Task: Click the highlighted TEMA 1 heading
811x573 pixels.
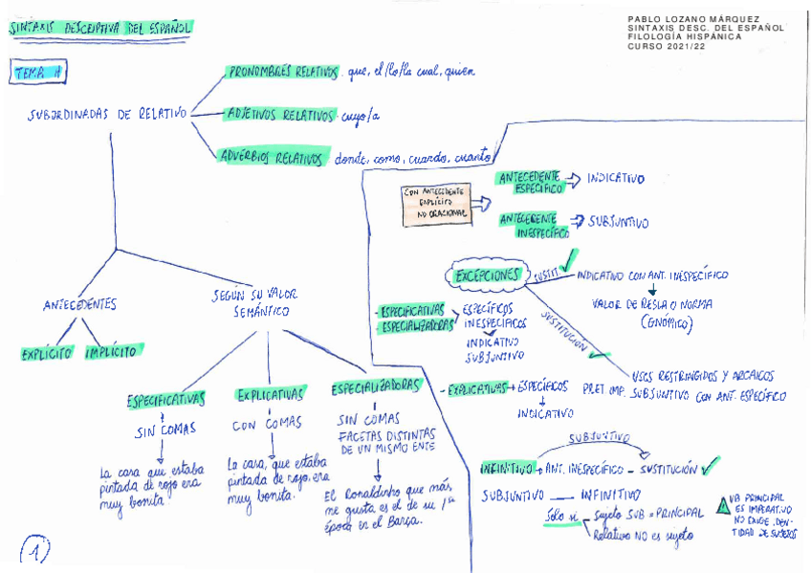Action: click(37, 73)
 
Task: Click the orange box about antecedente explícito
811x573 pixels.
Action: click(436, 205)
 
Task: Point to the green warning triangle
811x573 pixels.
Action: click(722, 503)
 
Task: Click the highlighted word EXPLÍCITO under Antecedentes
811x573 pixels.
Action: click(47, 352)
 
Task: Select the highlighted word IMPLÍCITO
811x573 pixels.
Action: click(115, 350)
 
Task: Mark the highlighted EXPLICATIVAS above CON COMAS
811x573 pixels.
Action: click(272, 393)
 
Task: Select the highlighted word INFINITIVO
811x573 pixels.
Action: click(507, 469)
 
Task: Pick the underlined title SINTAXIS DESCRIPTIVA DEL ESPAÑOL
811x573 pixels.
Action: click(99, 29)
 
